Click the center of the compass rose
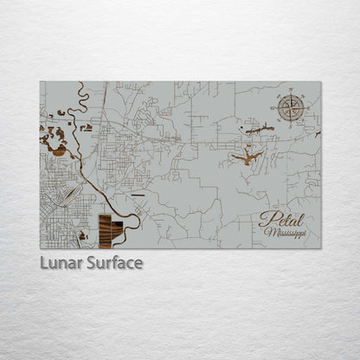point(291,108)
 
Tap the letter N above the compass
point(291,93)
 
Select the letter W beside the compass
point(277,108)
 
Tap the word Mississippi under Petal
point(286,233)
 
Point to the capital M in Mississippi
point(269,233)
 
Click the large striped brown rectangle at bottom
point(110,231)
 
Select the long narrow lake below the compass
point(260,131)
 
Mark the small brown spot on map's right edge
point(318,135)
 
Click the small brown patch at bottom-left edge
point(82,235)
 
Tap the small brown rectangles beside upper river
point(86,127)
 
